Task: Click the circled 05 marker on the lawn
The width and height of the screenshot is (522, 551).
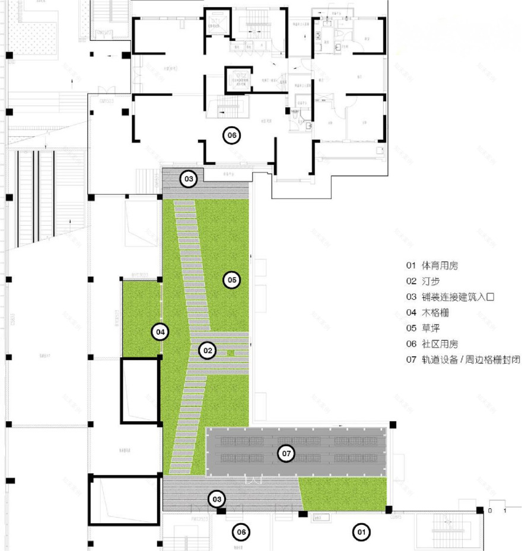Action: click(232, 280)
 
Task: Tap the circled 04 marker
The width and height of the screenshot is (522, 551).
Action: click(160, 332)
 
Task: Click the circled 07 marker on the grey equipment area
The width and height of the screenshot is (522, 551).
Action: click(287, 454)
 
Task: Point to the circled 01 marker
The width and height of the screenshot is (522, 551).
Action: click(359, 533)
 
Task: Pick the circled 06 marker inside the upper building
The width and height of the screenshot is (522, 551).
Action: click(231, 136)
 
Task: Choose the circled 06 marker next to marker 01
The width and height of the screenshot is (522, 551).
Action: click(241, 533)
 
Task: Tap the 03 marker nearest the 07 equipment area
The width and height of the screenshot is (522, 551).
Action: click(217, 499)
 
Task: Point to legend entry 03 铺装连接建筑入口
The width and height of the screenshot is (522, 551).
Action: click(450, 297)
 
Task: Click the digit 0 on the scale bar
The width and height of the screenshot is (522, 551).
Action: click(490, 510)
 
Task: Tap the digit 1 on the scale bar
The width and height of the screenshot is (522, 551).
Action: click(505, 510)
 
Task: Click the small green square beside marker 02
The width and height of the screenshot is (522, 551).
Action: click(232, 354)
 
